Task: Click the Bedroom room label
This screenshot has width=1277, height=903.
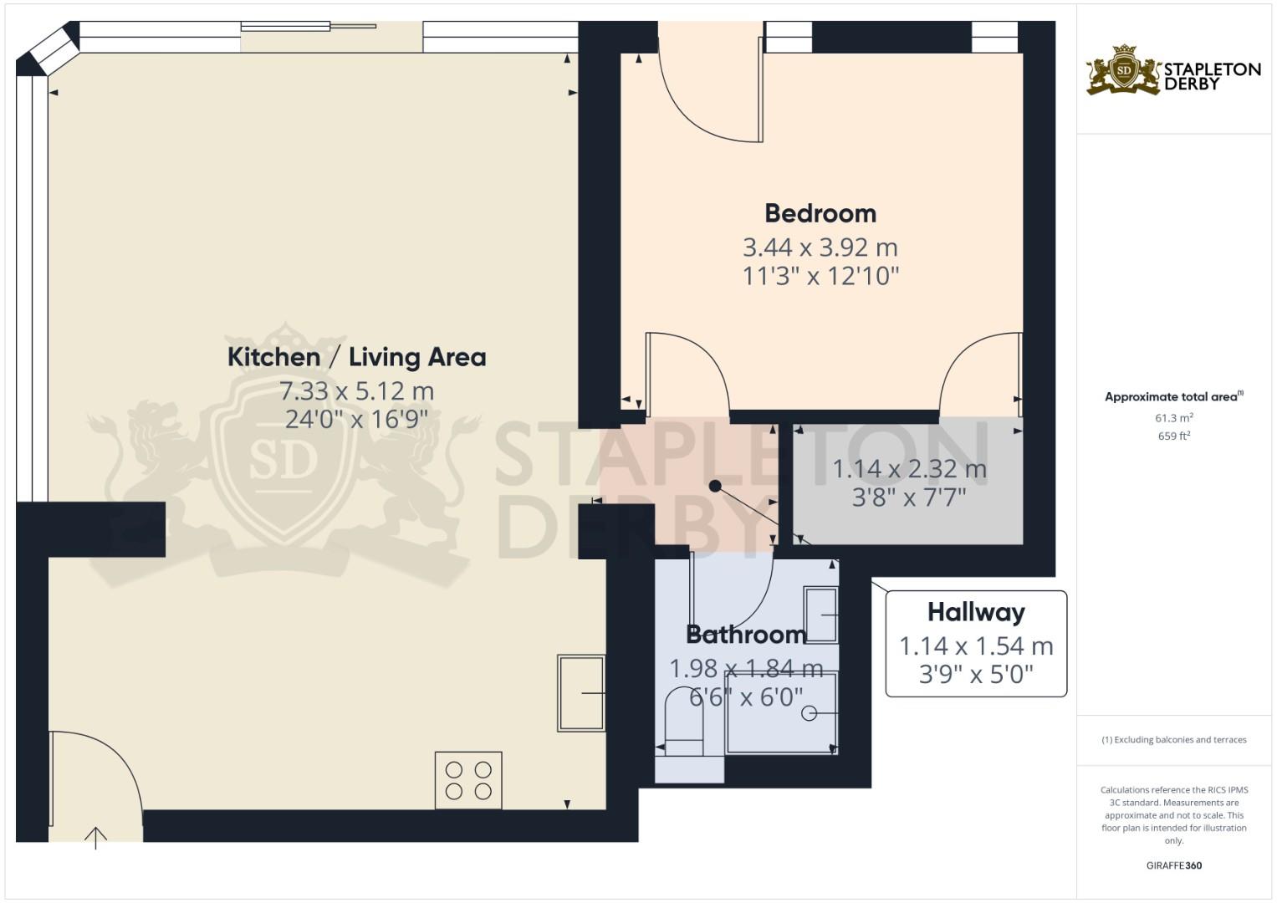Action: pyautogui.click(x=820, y=213)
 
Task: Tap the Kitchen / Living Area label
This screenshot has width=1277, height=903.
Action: pyautogui.click(x=356, y=357)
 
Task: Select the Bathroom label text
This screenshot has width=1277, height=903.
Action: pyautogui.click(x=745, y=635)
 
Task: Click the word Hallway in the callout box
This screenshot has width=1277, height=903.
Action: pyautogui.click(x=976, y=612)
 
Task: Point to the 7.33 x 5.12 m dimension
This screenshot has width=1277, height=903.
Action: pyautogui.click(x=356, y=390)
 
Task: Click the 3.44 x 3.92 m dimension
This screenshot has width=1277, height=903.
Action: pyautogui.click(x=820, y=247)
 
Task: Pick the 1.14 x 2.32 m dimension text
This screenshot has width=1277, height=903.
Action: pyautogui.click(x=909, y=469)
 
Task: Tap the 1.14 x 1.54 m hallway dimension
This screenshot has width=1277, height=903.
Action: pyautogui.click(x=976, y=646)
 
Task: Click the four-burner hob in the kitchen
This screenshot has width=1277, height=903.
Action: pyautogui.click(x=468, y=780)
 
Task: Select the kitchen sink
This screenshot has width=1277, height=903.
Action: pyautogui.click(x=581, y=692)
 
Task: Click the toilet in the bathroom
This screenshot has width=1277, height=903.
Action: pyautogui.click(x=683, y=723)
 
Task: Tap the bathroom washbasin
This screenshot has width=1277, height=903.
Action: pyautogui.click(x=820, y=615)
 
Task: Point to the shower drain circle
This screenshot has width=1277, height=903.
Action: pyautogui.click(x=809, y=713)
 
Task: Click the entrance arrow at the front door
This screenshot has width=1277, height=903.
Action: pyautogui.click(x=96, y=836)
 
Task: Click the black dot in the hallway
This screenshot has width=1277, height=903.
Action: pyautogui.click(x=715, y=486)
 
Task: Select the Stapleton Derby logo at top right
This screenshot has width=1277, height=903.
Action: pyautogui.click(x=1173, y=70)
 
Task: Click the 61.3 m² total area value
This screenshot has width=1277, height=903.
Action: pyautogui.click(x=1173, y=417)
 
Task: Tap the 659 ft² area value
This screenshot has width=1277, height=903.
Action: pyautogui.click(x=1173, y=436)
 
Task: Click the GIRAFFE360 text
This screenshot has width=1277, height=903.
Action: pyautogui.click(x=1173, y=865)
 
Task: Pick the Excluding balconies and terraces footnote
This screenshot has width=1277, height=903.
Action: pyautogui.click(x=1173, y=740)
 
